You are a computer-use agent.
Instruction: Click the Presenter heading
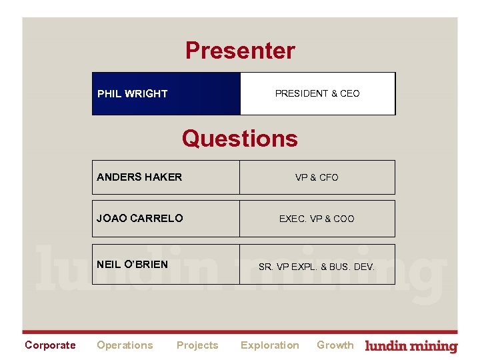pos(240,51)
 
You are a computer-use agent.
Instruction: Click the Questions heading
pos(240,139)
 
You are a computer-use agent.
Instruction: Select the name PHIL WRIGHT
pos(132,94)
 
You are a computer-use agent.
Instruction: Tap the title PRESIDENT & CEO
pos(317,94)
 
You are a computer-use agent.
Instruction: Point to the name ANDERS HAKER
pos(139,177)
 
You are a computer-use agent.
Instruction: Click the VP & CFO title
pos(317,177)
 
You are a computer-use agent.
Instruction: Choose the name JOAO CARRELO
pos(140,219)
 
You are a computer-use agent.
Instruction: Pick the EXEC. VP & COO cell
pos(317,219)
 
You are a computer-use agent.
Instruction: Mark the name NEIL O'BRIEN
pos(132,264)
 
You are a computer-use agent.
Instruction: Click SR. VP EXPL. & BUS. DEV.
pos(317,267)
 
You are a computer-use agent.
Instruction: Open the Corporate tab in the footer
pos(50,345)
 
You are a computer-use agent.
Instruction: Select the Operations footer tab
pos(125,345)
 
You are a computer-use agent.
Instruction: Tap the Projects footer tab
pos(197,345)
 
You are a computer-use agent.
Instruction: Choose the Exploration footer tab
pos(269,345)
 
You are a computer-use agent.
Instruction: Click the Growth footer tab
pos(335,345)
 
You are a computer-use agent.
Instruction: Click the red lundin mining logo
pos(412,346)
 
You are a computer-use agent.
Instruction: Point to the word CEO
pos(350,94)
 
